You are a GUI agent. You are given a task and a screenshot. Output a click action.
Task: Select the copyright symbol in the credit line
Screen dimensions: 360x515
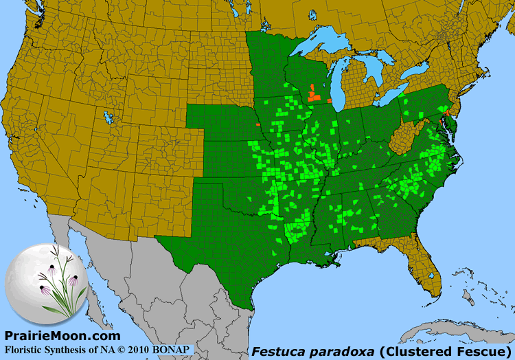[x=119, y=349]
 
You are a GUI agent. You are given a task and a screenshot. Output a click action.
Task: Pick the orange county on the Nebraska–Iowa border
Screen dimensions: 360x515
[x=257, y=125]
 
